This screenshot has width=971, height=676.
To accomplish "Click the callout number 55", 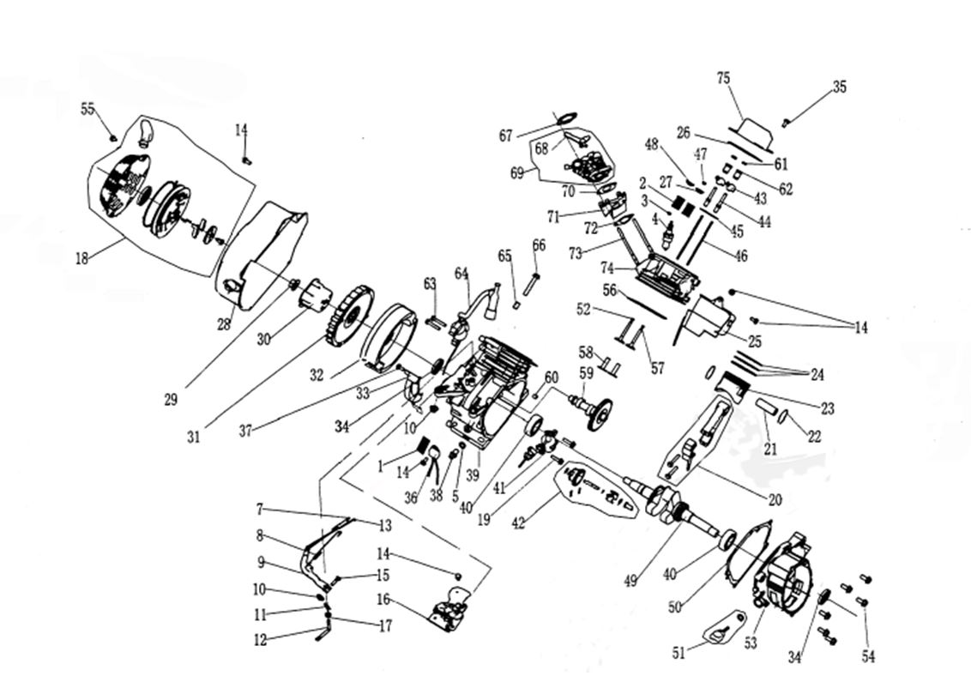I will [x=87, y=109].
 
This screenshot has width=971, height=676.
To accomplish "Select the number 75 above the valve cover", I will [x=723, y=79].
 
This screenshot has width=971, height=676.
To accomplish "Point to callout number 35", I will [x=839, y=87].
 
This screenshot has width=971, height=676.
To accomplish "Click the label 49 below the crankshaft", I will [x=630, y=581].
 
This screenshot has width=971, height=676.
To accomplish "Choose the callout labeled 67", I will [x=505, y=136].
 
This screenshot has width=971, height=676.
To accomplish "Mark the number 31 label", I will [x=195, y=436].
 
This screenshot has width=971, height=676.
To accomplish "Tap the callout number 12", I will [x=260, y=639].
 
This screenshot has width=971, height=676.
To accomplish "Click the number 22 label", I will [x=813, y=437].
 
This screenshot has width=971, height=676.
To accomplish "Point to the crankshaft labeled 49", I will [x=678, y=507].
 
